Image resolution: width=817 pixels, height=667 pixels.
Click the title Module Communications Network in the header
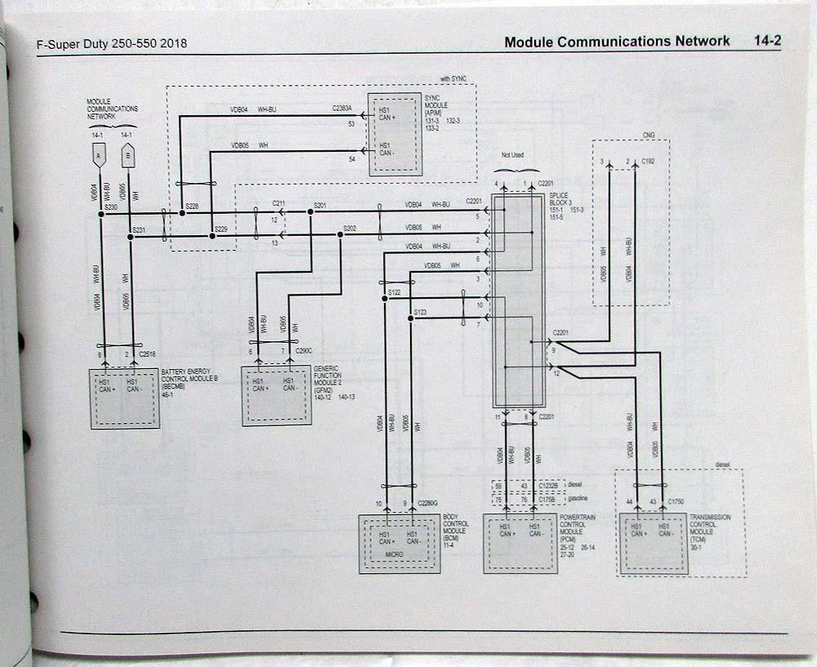(x=617, y=42)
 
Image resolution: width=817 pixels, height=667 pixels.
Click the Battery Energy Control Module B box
(x=124, y=398)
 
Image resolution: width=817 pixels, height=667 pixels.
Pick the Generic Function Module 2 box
(x=276, y=395)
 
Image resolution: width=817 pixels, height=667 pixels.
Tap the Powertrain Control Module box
(x=520, y=543)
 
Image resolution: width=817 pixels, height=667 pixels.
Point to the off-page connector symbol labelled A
(x=99, y=153)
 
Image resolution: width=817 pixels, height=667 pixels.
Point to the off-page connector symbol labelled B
(x=128, y=153)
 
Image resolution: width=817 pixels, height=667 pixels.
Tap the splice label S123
(x=420, y=312)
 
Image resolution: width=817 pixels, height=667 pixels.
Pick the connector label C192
(x=649, y=162)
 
